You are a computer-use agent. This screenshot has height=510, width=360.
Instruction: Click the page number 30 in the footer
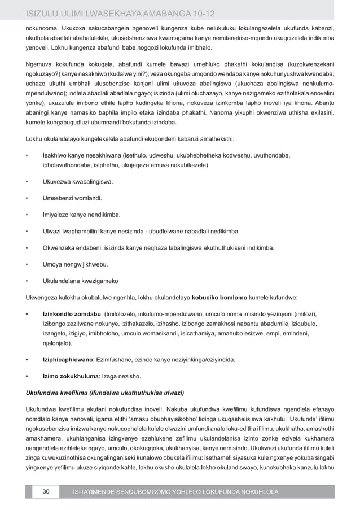point(45,492)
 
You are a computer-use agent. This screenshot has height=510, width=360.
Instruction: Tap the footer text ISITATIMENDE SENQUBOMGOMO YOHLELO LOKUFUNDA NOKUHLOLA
point(172,492)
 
